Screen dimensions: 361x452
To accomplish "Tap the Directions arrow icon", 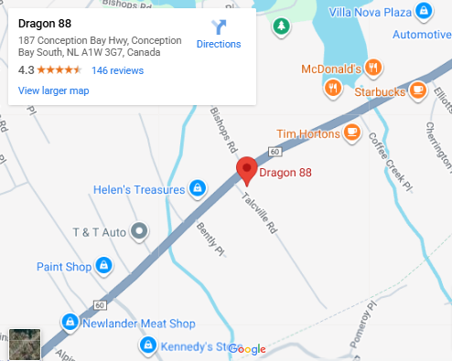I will click(x=219, y=27).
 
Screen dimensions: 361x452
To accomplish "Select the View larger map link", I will click(x=53, y=90).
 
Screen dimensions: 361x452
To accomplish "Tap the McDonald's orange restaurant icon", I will click(x=373, y=68).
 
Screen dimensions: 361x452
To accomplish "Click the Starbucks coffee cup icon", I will click(x=417, y=90).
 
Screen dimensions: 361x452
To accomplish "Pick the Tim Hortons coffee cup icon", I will click(x=352, y=133).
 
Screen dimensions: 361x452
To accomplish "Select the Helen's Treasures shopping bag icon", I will click(x=196, y=189).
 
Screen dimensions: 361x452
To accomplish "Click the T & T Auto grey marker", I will click(x=139, y=231).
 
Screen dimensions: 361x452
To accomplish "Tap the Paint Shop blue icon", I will click(x=103, y=266).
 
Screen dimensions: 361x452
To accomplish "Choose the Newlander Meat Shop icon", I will click(x=69, y=323).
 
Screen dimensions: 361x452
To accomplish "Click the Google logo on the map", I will click(x=247, y=349).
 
